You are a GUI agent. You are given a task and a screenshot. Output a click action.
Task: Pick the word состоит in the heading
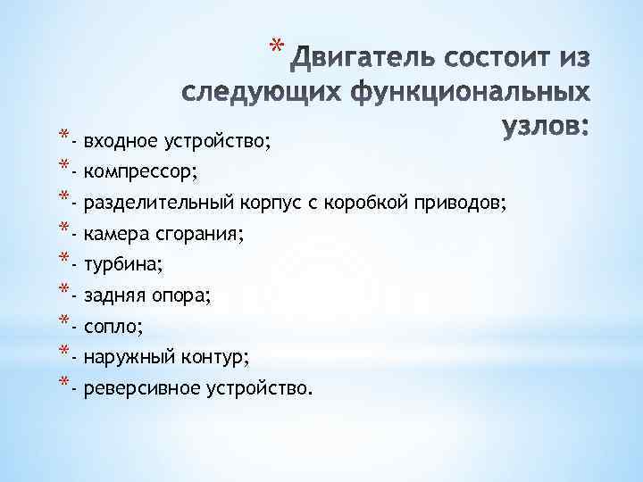[476, 60]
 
